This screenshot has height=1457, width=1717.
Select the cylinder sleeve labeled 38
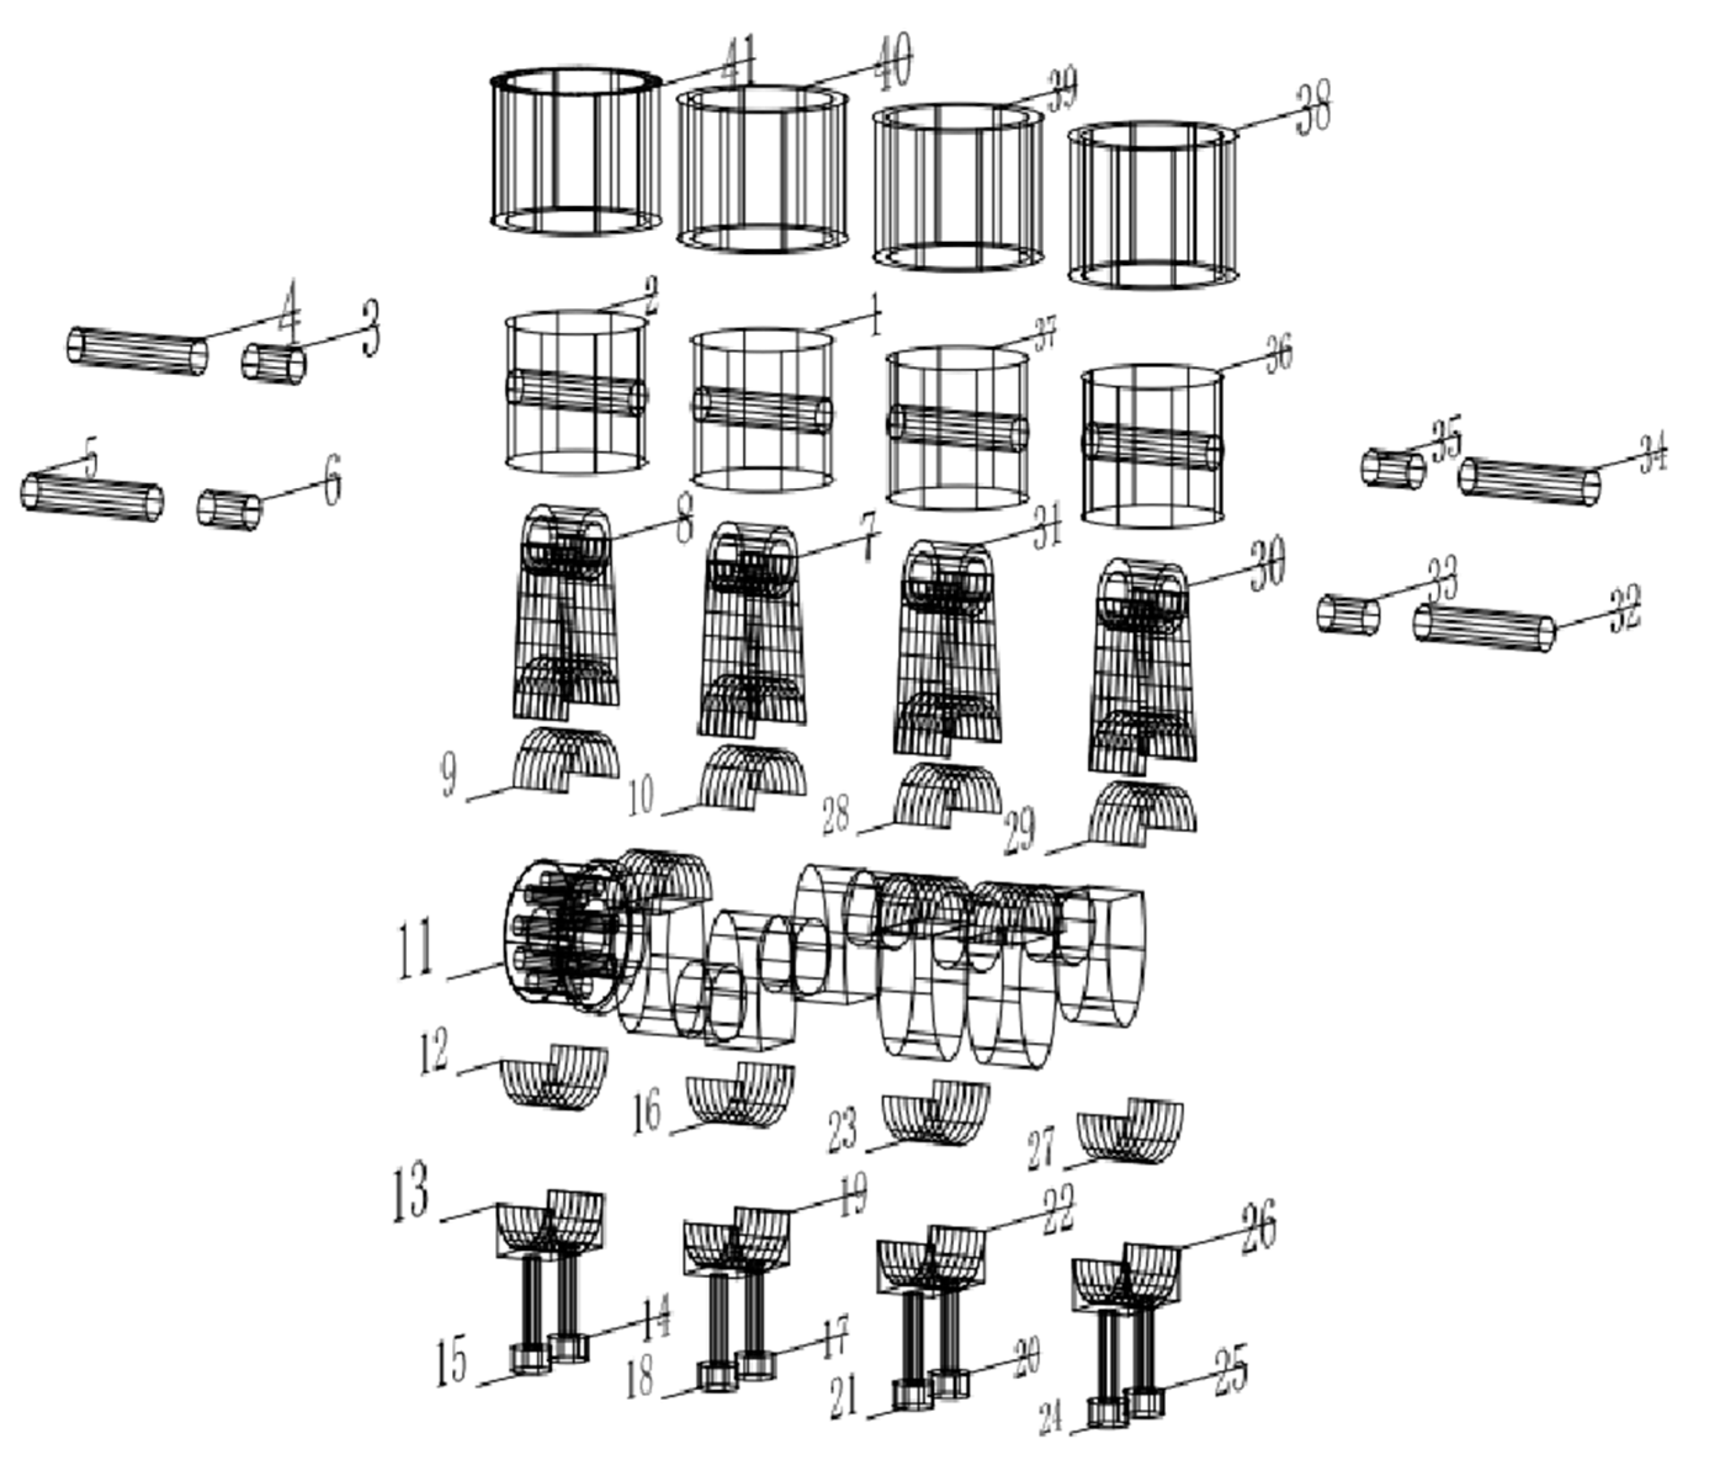pyautogui.click(x=1153, y=205)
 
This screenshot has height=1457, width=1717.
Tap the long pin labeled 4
pyautogui.click(x=137, y=351)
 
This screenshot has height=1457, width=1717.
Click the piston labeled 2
pyautogui.click(x=576, y=392)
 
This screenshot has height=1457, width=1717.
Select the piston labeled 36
pyautogui.click(x=1152, y=446)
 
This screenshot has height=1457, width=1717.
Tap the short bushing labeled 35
pyautogui.click(x=1393, y=468)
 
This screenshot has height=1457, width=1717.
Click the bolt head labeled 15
pyautogui.click(x=529, y=1358)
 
